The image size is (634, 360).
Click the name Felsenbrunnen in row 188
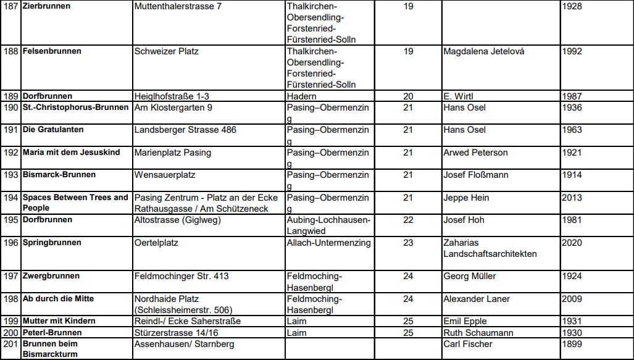coord(52,51)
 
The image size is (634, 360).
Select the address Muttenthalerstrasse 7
coord(178,7)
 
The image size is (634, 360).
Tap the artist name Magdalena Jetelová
coord(483,51)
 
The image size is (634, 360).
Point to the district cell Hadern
coord(302,96)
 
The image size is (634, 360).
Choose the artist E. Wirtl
coord(458,96)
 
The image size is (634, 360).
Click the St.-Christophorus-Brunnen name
coord(76,107)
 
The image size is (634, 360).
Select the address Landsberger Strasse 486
coord(185,130)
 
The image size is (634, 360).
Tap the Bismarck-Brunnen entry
coord(59,175)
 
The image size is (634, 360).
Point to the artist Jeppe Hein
coord(466,198)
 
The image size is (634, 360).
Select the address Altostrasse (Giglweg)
coord(178,220)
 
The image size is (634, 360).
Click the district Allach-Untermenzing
coord(329,243)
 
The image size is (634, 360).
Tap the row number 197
coord(10,276)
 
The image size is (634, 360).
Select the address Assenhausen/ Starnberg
coord(184,344)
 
